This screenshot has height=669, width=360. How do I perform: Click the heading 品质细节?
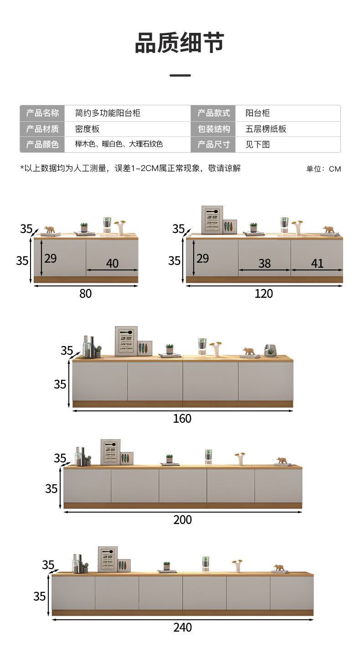180,43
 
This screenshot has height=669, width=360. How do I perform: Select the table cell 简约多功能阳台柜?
108,113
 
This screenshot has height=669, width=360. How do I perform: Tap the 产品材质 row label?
42,129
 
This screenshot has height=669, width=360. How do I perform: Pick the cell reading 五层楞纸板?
266,129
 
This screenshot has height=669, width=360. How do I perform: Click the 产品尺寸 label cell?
214,145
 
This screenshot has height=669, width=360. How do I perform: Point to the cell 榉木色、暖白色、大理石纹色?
119,145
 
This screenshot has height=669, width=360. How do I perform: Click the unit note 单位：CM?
324,169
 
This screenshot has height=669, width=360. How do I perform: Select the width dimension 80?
86,294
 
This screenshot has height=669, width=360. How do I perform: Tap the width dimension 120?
263,294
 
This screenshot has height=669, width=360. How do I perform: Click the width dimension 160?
182,419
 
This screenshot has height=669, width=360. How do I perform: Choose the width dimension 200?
182,520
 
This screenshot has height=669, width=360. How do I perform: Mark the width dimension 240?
182,628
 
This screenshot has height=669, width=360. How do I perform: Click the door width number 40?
112,263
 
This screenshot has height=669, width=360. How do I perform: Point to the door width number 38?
264,263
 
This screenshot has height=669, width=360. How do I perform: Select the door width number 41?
317,263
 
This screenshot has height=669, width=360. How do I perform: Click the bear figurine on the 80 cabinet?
50,229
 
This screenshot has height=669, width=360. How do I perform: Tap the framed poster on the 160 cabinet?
126,341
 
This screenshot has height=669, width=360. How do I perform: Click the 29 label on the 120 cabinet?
203,258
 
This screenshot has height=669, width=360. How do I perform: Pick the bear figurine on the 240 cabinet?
278,567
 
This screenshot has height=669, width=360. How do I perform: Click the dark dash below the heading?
180,75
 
